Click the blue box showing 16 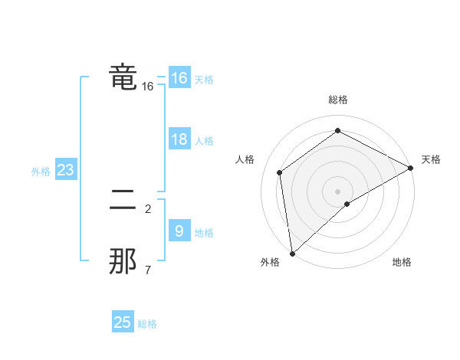click(179, 78)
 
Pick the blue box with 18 click(179, 139)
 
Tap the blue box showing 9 click(179, 231)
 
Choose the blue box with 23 click(65, 170)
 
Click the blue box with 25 click(123, 322)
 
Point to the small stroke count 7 click(148, 270)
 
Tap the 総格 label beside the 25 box click(147, 324)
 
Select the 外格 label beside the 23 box click(41, 172)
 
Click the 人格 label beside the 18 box click(204, 141)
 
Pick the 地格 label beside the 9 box click(204, 233)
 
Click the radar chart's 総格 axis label click(338, 100)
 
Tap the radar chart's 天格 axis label click(431, 159)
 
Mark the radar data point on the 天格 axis click(411, 168)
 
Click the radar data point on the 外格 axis click(292, 254)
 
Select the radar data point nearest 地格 click(347, 204)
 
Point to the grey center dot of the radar click(338, 191)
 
